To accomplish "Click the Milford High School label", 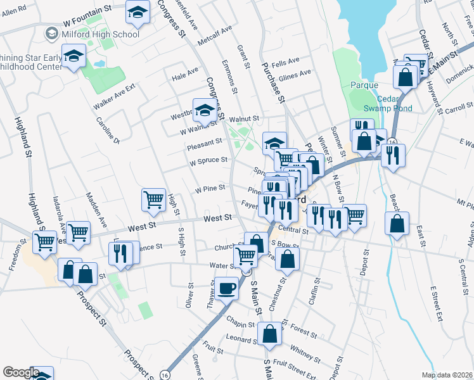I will point(101,33).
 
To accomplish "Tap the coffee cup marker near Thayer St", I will point(227,288).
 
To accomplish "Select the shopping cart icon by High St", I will point(154,200).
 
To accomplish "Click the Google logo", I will point(21,372).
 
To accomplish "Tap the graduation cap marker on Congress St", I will point(205,111).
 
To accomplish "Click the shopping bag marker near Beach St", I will point(397,224).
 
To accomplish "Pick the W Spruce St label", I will point(208,161).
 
